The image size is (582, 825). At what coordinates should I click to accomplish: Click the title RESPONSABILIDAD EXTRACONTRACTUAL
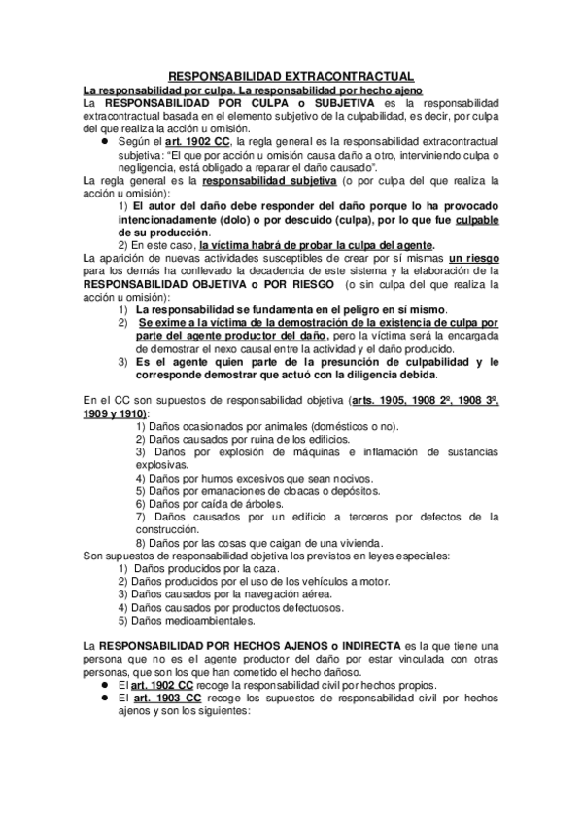291,76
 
